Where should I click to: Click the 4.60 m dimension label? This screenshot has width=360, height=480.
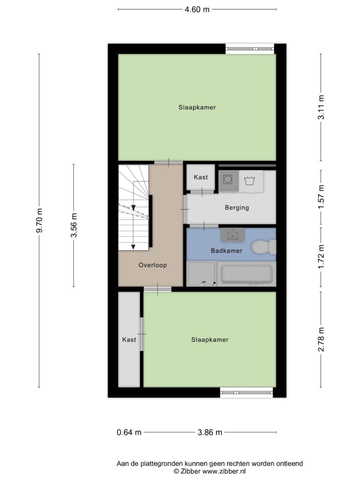197,10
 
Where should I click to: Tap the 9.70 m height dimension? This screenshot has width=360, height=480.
39,220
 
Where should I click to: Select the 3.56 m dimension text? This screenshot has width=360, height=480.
74,225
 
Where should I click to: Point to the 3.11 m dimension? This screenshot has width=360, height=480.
321,107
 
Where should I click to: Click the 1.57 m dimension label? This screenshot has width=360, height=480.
321,197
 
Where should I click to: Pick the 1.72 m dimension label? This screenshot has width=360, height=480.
321,257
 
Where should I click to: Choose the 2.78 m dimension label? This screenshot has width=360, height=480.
321,339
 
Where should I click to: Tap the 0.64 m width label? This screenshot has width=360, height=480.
129,432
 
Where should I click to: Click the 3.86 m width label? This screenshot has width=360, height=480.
210,432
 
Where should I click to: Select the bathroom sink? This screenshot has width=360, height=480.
232,235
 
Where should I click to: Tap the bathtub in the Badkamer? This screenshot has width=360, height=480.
246,274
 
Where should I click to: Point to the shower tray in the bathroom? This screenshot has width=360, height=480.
201,274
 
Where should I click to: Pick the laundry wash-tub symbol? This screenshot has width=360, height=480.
250,181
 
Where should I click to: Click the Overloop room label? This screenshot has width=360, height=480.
152,265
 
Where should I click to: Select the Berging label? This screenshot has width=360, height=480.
237,208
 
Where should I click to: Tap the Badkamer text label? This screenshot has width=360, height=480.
226,251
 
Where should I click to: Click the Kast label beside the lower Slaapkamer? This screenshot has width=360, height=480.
129,340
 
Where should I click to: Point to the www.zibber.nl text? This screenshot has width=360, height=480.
224,471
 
